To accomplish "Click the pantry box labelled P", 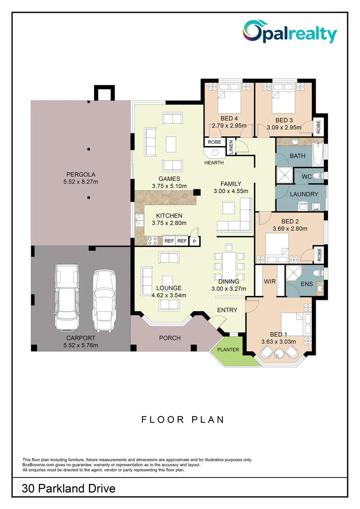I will (x=194, y=241).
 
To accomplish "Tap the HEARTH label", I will (x=214, y=163).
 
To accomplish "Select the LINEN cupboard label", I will (x=231, y=147).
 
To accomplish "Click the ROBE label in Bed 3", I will (x=319, y=126).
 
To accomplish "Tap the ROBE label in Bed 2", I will (x=319, y=254).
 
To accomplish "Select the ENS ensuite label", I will (x=306, y=284).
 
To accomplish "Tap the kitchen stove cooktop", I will (x=153, y=240).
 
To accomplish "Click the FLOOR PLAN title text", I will (x=183, y=419).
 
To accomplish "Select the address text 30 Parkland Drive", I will (x=69, y=489).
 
